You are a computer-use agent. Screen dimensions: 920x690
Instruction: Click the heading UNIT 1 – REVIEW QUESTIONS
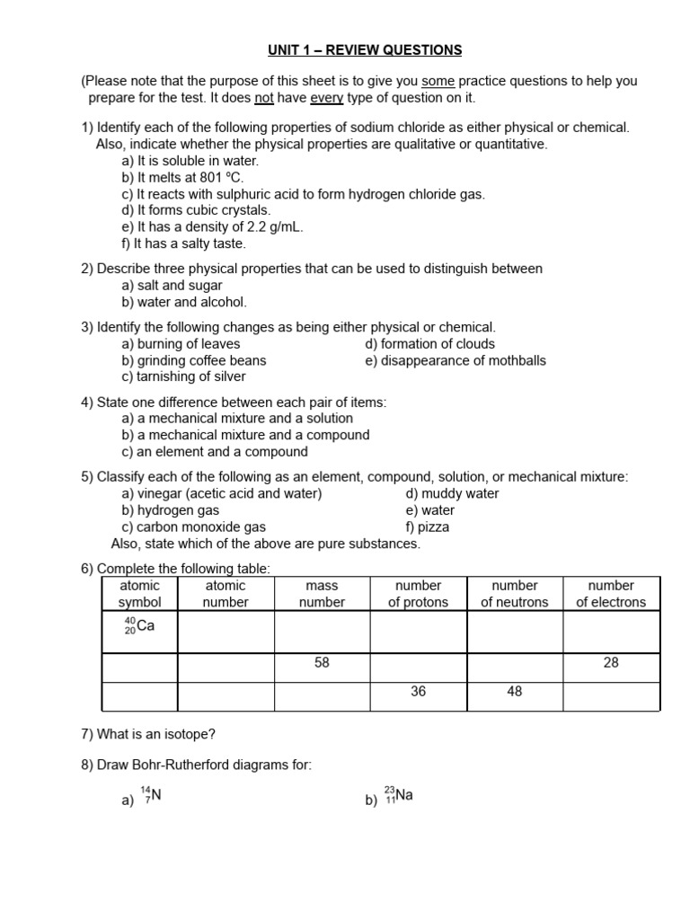[364, 50]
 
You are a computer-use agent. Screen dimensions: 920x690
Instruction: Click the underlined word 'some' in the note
[438, 81]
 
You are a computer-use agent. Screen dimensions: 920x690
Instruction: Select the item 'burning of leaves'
[181, 344]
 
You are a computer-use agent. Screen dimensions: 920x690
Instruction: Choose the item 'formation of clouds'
[429, 344]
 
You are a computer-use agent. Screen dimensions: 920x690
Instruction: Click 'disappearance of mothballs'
[456, 360]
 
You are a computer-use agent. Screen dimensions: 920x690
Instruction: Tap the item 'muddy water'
[453, 493]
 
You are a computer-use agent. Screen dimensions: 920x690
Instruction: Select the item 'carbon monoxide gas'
[193, 527]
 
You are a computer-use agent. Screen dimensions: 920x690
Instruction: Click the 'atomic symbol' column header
[139, 594]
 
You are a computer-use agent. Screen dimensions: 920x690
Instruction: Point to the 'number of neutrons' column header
[514, 594]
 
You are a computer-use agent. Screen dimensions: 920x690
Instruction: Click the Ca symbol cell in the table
[139, 626]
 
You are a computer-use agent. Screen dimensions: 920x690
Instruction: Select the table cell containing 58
[322, 663]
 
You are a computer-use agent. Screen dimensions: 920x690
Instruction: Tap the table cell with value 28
[611, 663]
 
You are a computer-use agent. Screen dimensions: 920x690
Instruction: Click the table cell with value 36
[418, 692]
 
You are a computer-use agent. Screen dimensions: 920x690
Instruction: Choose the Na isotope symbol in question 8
[398, 796]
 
